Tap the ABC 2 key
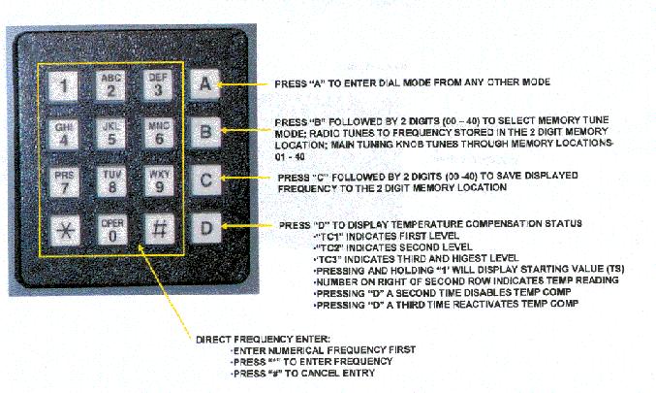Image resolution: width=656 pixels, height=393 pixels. (x=110, y=85)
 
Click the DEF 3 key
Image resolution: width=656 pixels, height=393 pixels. (x=158, y=85)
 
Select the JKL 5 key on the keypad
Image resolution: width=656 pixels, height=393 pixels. (x=110, y=134)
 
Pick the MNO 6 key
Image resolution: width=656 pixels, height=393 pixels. (x=159, y=133)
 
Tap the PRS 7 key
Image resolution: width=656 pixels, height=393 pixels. (x=64, y=182)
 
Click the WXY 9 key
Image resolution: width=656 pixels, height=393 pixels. (x=160, y=181)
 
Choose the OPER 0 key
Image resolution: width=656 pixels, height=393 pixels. (x=112, y=230)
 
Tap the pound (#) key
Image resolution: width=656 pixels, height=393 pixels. (x=160, y=229)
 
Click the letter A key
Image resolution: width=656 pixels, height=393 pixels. (x=205, y=83)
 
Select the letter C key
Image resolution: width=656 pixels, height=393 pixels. (x=205, y=180)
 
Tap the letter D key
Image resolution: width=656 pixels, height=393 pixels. (x=206, y=228)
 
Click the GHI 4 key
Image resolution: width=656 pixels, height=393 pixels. (x=63, y=135)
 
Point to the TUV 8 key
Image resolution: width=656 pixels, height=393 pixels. (x=111, y=181)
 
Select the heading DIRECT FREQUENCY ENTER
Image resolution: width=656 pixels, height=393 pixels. (x=263, y=339)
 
